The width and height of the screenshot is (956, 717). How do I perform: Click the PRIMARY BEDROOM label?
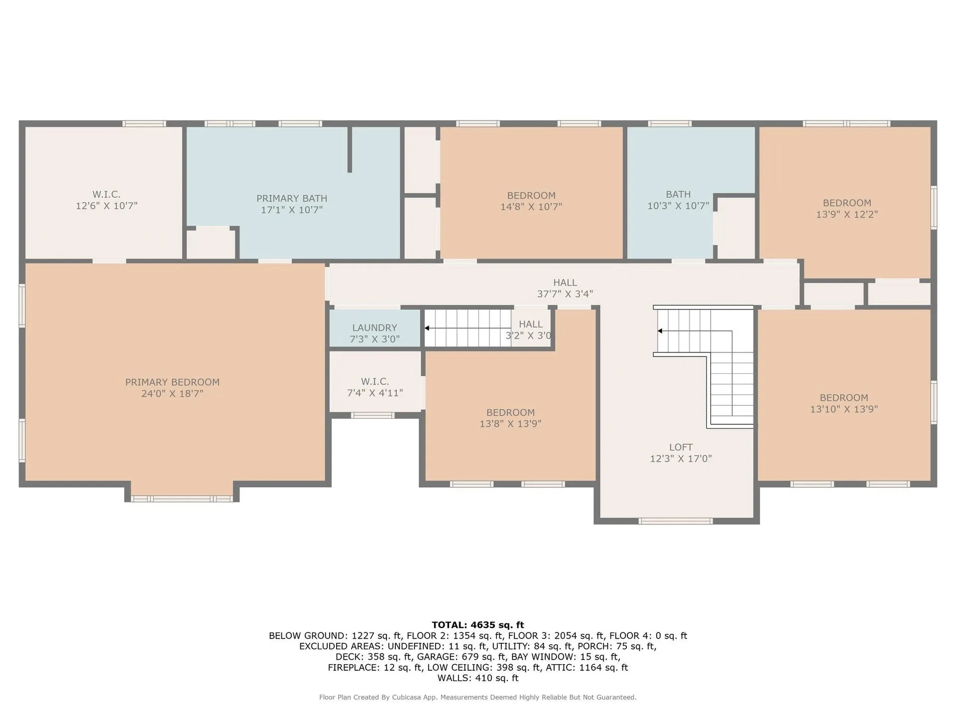pos(172,382)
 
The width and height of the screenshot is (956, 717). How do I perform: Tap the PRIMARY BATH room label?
pos(292,198)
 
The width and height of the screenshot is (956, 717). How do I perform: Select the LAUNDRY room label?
pos(374,328)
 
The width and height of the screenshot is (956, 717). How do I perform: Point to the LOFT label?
pos(681,447)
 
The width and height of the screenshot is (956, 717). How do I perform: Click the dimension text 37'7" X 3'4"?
pos(565,294)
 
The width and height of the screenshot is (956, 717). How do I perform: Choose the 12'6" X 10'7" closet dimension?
pos(107,206)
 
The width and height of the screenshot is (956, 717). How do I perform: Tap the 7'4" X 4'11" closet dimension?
pos(375,393)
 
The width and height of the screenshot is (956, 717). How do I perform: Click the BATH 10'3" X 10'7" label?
pos(678,200)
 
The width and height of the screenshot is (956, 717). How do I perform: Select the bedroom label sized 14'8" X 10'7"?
pos(531,201)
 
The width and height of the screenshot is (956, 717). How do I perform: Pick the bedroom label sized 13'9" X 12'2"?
pos(847,209)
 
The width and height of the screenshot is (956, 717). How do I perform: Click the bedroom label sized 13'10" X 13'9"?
pos(844,403)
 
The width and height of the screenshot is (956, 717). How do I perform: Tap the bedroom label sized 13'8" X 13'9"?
pos(510,418)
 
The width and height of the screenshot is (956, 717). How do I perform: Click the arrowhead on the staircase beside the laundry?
pos(427,328)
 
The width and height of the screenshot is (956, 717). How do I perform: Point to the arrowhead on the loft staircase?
pos(660,331)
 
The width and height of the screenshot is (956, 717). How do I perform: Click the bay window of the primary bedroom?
pos(182,499)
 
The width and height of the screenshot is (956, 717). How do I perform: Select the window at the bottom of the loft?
pos(676,521)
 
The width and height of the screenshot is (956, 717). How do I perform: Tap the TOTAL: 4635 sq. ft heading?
pos(478,625)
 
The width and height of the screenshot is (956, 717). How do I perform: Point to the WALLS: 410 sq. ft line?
pos(478,678)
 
